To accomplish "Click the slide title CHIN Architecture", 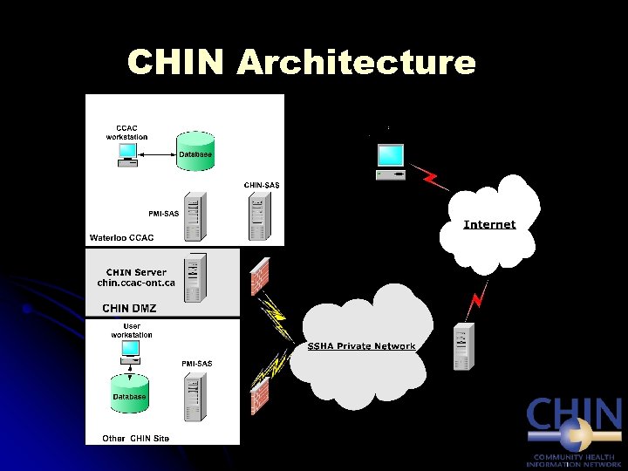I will click(x=301, y=63).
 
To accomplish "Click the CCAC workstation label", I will click(x=126, y=133).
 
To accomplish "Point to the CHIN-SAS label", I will click(x=261, y=185).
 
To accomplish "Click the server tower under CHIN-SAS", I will click(x=256, y=216).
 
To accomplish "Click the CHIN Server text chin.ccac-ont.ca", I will click(x=136, y=277).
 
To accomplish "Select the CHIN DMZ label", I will click(x=129, y=308).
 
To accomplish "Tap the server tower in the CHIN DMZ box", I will click(x=198, y=276).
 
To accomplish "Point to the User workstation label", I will click(x=132, y=331).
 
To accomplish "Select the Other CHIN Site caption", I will click(x=136, y=438).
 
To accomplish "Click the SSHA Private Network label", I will click(x=361, y=346).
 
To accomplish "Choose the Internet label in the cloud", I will click(x=489, y=225).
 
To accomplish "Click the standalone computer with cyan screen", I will click(x=390, y=161).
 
